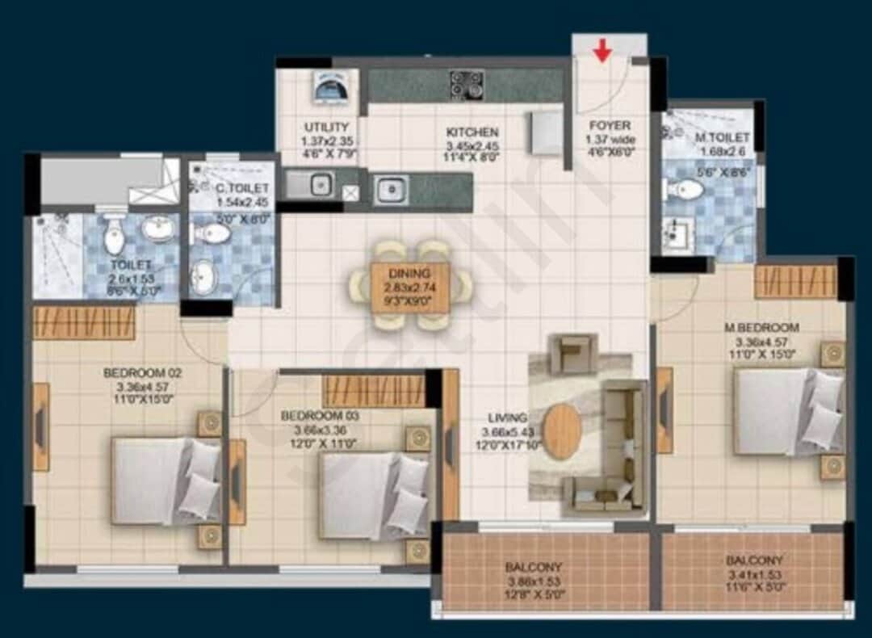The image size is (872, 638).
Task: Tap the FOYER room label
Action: point(610,126)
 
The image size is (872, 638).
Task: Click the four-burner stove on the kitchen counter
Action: point(466,84)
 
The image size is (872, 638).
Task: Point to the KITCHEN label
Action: point(472,132)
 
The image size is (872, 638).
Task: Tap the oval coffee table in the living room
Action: point(561,431)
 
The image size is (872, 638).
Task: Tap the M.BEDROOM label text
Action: point(761,328)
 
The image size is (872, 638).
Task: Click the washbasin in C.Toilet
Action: point(203,279)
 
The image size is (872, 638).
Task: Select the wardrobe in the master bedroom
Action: point(795,282)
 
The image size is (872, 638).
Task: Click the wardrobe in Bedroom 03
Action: point(373,391)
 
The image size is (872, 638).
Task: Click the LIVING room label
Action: point(507,418)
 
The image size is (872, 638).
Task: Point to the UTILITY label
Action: point(326,128)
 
